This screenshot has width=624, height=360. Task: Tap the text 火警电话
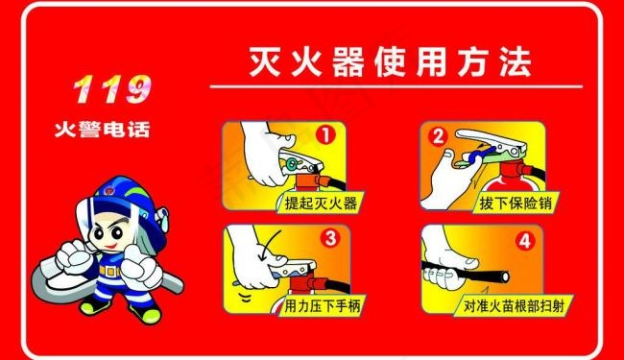[102, 128]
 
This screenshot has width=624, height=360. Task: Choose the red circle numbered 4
[524, 240]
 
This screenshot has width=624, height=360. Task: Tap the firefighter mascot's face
[105, 234]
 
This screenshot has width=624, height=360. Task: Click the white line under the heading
[394, 87]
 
